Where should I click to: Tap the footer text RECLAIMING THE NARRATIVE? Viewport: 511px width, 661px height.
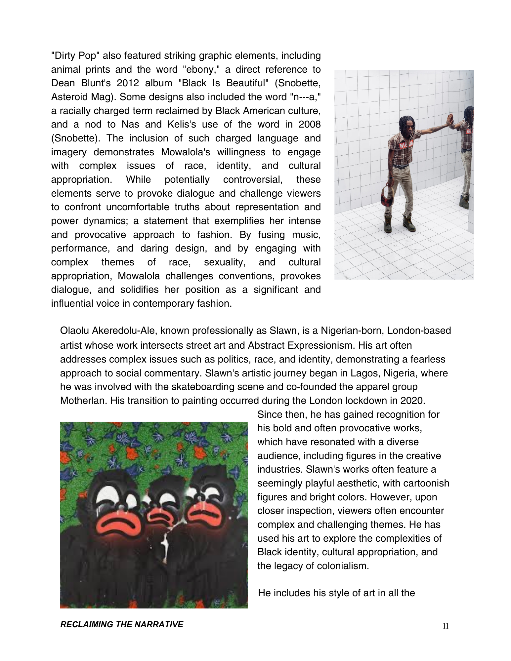[121, 624]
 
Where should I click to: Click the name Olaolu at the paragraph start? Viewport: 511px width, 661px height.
[74, 331]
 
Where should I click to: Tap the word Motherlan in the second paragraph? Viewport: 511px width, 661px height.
[84, 401]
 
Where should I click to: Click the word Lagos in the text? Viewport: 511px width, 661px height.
[364, 373]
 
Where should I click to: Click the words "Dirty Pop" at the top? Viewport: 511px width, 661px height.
[75, 56]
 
